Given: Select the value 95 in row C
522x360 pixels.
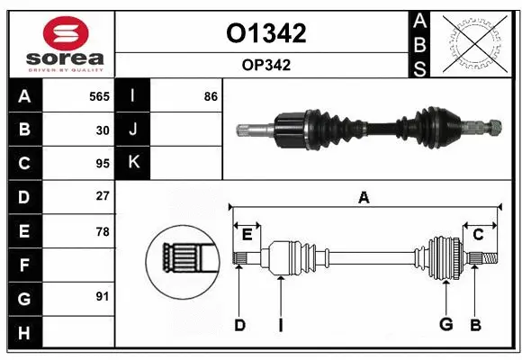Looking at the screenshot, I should [103, 163].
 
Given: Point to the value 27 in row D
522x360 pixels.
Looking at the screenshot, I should [103, 196].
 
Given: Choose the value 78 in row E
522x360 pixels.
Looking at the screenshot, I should [103, 231].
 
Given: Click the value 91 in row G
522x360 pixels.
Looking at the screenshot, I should [103, 296].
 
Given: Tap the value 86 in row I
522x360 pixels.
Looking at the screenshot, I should [211, 95].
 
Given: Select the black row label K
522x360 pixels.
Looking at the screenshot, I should [133, 163].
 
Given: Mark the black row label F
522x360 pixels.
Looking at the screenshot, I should [23, 265].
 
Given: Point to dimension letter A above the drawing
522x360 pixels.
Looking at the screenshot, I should [364, 198].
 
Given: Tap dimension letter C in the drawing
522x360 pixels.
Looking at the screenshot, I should [478, 234].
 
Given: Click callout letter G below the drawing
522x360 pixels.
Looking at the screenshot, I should [445, 324].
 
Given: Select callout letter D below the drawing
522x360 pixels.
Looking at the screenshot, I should [239, 324].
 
